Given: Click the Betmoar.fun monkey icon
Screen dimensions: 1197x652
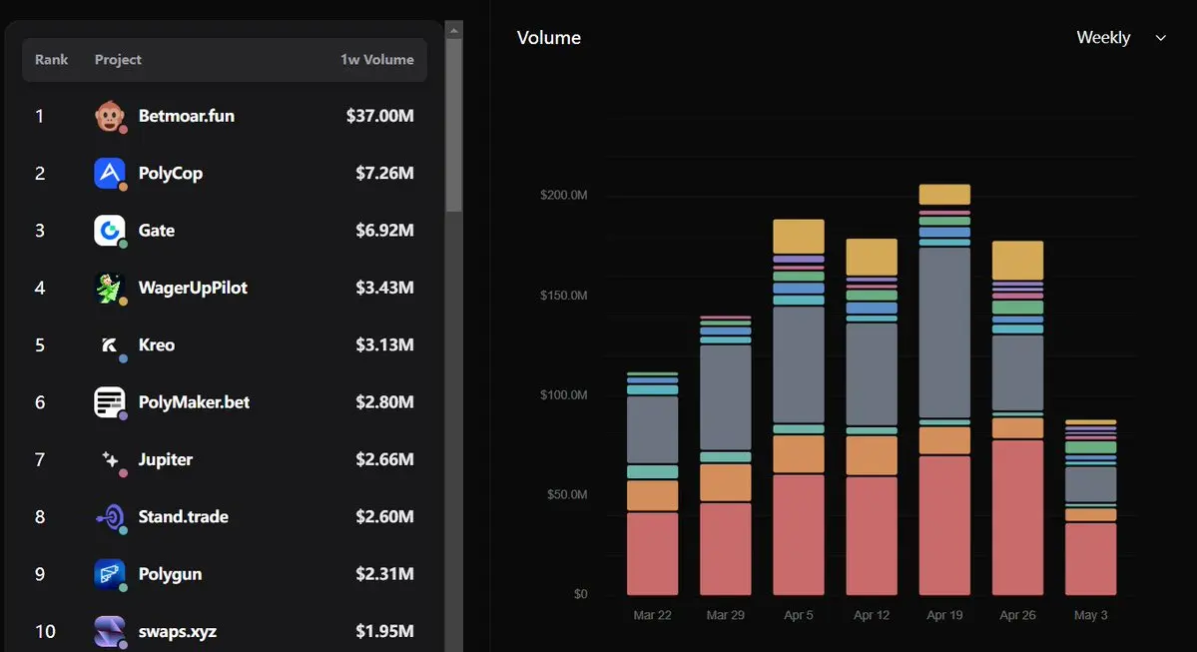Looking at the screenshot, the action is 109,116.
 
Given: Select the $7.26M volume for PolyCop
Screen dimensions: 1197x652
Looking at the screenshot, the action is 384,174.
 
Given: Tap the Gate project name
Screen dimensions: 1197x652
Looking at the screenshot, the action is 157,231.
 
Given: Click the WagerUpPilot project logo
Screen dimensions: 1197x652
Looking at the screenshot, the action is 109,288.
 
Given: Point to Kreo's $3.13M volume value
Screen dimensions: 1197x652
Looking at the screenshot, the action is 384,345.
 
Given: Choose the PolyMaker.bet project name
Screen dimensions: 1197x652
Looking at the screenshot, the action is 194,402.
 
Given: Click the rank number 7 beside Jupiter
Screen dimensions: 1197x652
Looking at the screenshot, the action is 40,459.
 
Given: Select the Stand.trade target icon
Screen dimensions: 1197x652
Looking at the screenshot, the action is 110,517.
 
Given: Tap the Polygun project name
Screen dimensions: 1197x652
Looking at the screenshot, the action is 171,574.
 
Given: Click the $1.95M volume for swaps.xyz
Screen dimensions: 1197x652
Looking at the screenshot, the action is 384,631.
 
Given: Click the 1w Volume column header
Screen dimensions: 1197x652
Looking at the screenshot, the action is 377,60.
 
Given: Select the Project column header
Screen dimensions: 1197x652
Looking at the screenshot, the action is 118,60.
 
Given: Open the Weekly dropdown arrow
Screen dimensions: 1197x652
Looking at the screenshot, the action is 1160,38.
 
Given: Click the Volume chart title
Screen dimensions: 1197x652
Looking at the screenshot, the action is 549,37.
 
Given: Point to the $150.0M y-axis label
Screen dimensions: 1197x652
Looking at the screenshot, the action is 563,295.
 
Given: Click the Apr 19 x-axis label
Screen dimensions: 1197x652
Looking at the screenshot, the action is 944,615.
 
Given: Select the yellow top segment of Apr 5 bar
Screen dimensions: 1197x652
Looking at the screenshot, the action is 799,237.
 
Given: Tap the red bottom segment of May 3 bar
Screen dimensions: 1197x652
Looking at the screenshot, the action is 1090,559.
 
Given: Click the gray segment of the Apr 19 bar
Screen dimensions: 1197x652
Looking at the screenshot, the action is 944,332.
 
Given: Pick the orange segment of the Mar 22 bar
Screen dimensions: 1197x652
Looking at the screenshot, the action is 652,495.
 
